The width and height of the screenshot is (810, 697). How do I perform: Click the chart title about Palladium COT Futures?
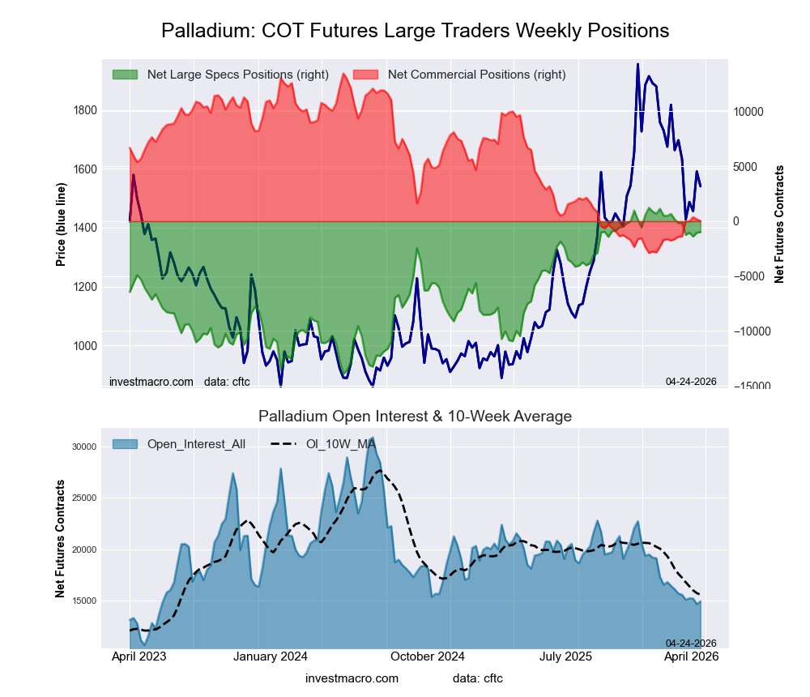tap(415, 31)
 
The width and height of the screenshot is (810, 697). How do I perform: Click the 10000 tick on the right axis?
tap(749, 112)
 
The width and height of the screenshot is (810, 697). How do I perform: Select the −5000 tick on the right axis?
tap(749, 277)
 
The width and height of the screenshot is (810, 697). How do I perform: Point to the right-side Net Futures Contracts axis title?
tap(779, 224)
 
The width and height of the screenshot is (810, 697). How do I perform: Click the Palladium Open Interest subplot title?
tap(415, 417)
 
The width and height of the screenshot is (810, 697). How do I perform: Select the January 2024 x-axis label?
tap(271, 657)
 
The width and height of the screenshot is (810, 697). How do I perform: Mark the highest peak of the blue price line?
tap(637, 64)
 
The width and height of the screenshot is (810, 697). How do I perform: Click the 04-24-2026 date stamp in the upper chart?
tap(691, 381)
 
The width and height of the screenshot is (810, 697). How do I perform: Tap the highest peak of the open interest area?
tap(372, 438)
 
